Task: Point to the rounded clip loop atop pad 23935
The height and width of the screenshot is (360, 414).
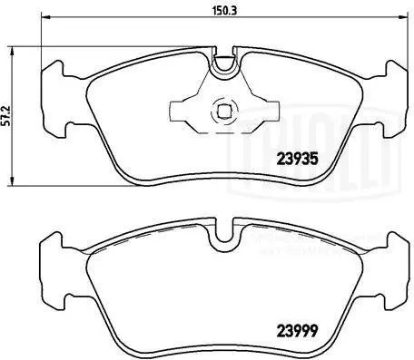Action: [223, 65]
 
